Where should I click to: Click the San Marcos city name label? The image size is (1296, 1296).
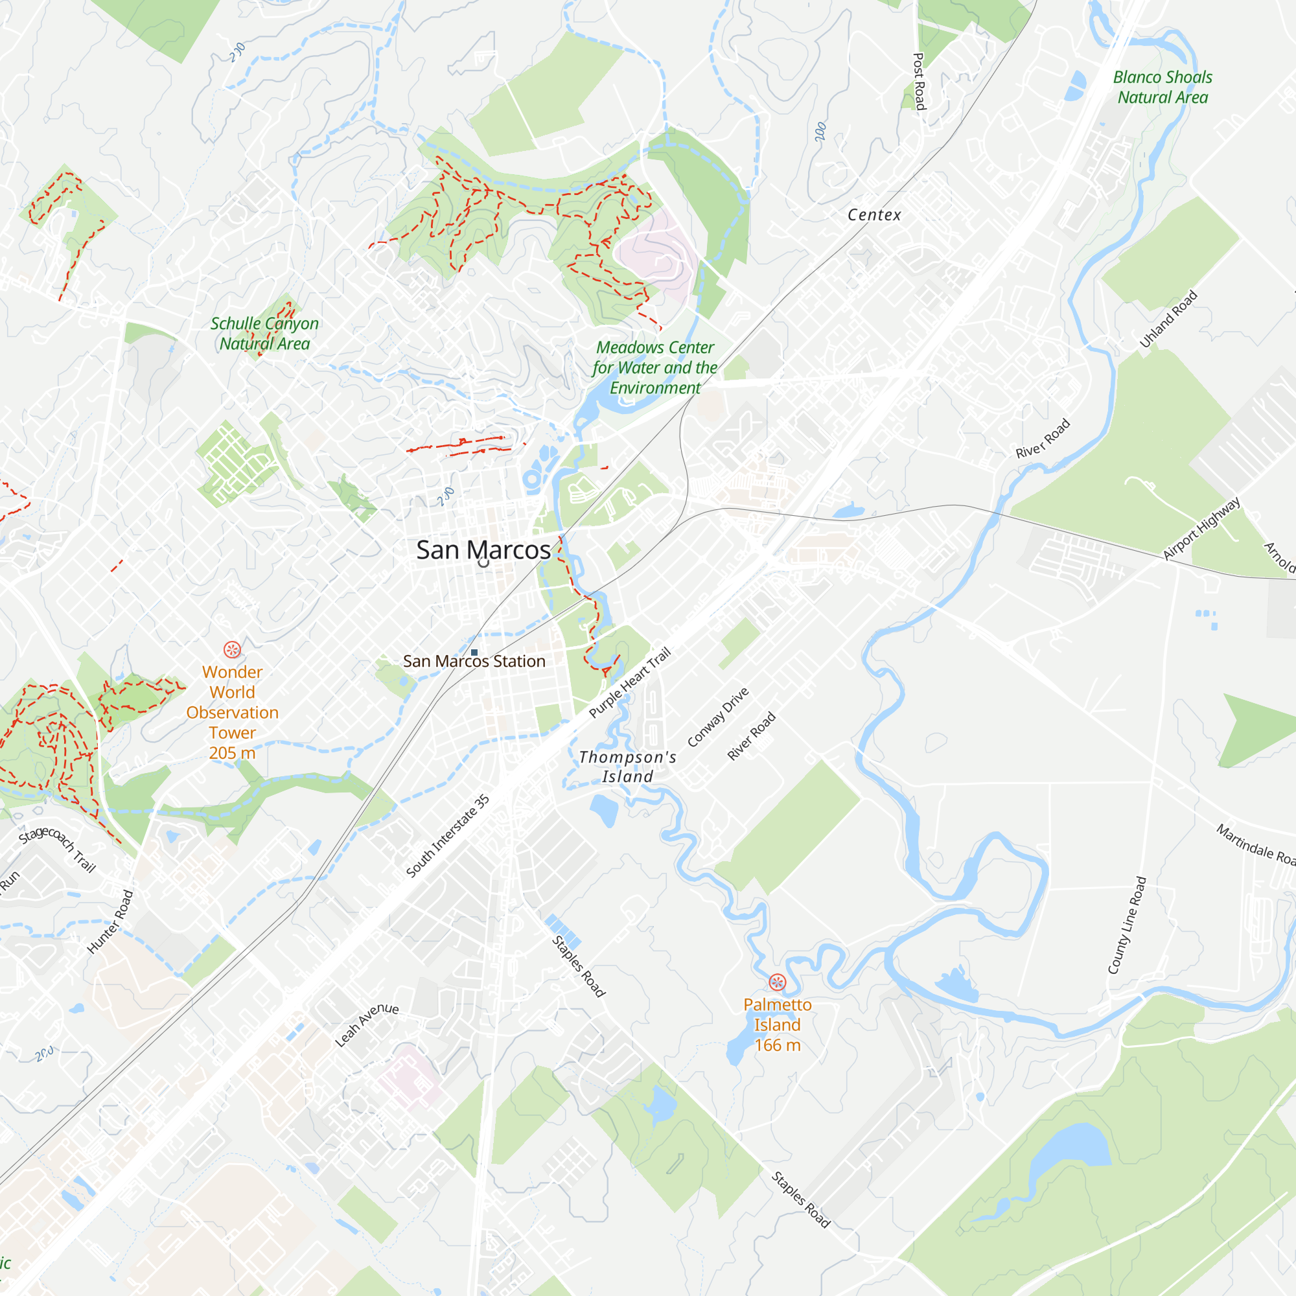(483, 550)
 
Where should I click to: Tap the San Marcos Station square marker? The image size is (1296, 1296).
(474, 652)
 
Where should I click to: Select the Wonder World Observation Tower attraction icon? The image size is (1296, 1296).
(232, 649)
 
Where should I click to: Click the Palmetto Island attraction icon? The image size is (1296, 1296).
(777, 982)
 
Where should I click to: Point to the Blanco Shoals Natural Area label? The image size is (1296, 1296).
(1163, 87)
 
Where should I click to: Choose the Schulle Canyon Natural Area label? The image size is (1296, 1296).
(264, 333)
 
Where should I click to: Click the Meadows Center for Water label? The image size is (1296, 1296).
(654, 367)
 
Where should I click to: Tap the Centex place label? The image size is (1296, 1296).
(874, 215)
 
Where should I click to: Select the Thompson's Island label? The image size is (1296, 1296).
(627, 767)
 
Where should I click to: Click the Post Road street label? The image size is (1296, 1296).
(919, 81)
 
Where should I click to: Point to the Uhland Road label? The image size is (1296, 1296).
(1168, 319)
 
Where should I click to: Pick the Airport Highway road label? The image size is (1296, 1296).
(1201, 529)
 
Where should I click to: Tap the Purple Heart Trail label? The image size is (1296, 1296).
(629, 682)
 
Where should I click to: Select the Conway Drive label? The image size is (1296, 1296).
(718, 717)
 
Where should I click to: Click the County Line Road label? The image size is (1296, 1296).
(1127, 925)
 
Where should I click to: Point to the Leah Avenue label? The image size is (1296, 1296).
(366, 1024)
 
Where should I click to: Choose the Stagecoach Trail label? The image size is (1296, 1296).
(57, 849)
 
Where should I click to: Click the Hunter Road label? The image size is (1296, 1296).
(111, 921)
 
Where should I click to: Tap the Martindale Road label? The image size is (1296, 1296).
(1255, 844)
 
